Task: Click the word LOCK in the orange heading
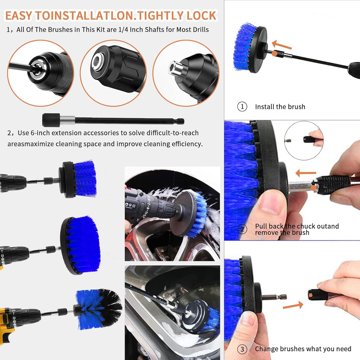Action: (201, 16)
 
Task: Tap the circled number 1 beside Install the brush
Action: (242, 107)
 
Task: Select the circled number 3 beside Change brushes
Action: (242, 349)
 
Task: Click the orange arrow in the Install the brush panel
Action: (282, 45)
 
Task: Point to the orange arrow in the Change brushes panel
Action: (293, 305)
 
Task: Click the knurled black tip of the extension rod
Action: (51, 120)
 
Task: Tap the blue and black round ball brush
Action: (99, 309)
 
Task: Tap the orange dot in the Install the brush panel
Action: (274, 53)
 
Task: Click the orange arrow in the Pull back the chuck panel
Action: (306, 173)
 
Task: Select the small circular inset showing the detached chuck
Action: (304, 140)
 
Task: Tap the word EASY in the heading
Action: (19, 16)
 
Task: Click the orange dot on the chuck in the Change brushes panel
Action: (311, 295)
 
